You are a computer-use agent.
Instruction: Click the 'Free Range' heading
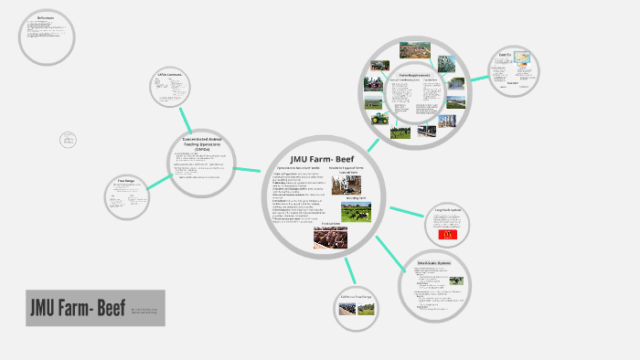(126, 182)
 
